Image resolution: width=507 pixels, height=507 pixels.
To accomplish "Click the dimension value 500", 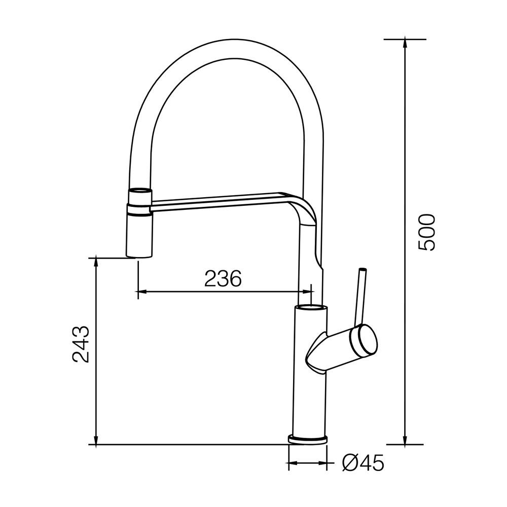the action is click(x=426, y=232).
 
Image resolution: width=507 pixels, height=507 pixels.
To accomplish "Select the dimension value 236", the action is click(x=223, y=278).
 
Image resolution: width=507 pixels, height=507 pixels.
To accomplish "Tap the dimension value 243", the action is click(x=81, y=344).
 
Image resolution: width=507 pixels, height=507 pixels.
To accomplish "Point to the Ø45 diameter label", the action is click(x=363, y=464).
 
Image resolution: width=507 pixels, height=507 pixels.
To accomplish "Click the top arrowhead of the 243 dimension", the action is click(x=96, y=263).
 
